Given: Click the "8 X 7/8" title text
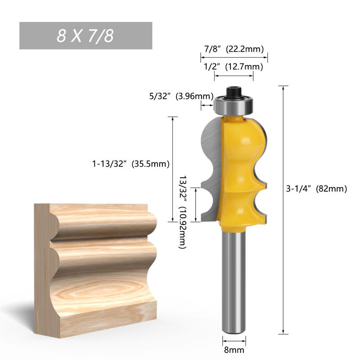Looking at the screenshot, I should click(85, 36).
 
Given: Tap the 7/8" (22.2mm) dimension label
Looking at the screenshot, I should click(234, 49).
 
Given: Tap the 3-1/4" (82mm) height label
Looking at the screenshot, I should click(317, 189).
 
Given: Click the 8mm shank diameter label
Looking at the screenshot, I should click(234, 349).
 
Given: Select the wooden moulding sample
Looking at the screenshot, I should click(97, 270).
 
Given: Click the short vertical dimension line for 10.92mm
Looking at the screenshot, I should click(196, 205).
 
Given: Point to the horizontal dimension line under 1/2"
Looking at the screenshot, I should click(234, 76).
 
